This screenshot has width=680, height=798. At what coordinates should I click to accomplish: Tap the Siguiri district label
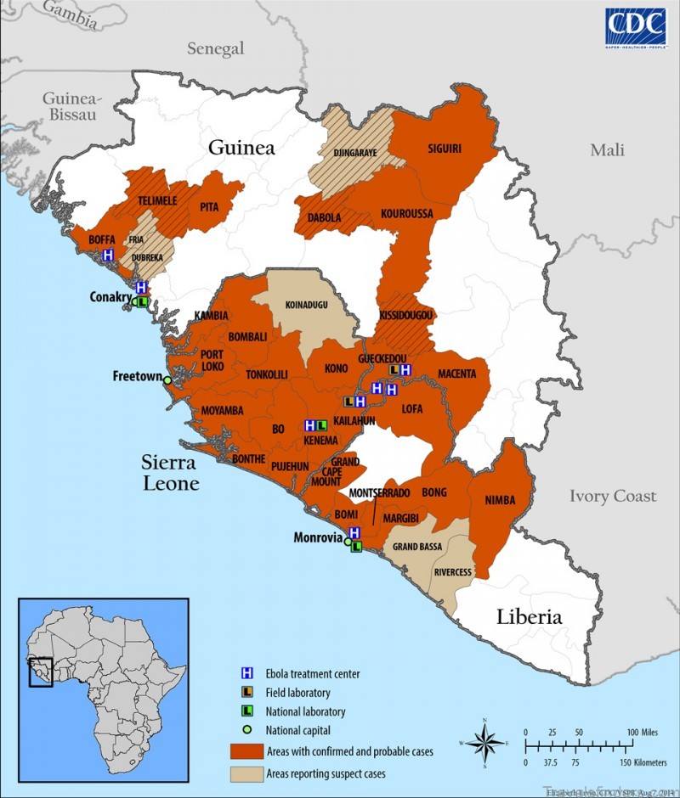click(x=444, y=149)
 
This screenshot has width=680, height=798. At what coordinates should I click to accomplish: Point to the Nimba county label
click(x=500, y=500)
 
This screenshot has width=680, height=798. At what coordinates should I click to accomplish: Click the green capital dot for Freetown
click(x=167, y=380)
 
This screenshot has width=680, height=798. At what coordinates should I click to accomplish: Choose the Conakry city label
click(x=110, y=297)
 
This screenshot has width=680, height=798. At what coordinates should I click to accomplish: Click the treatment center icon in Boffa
click(x=108, y=255)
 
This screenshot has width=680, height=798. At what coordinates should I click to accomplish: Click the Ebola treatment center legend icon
click(x=246, y=674)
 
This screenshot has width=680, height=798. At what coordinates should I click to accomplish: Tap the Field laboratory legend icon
click(x=246, y=693)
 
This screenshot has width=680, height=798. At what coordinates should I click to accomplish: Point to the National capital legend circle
click(x=246, y=729)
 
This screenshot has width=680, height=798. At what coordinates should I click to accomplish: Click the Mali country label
click(x=608, y=150)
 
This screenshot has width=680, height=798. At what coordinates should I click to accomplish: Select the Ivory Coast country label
click(x=613, y=496)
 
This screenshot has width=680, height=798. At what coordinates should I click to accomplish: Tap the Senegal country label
click(x=216, y=49)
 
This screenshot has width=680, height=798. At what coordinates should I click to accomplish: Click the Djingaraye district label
click(x=355, y=155)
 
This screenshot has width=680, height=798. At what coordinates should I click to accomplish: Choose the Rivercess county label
click(x=452, y=572)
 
